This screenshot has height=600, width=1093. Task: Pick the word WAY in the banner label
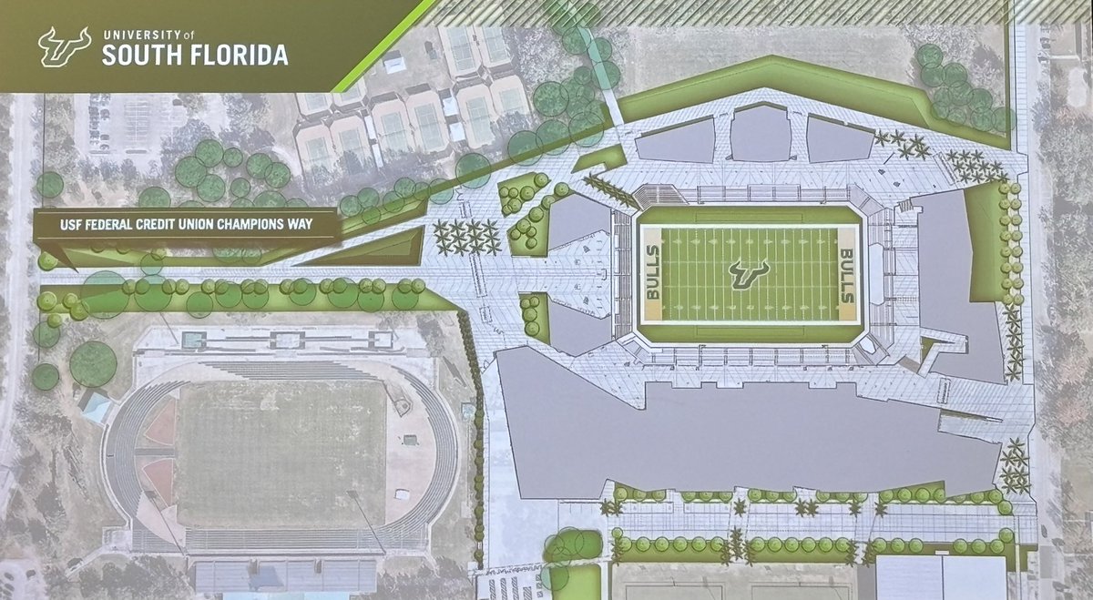point(314,222)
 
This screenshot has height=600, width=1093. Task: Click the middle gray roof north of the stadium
point(761,135)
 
